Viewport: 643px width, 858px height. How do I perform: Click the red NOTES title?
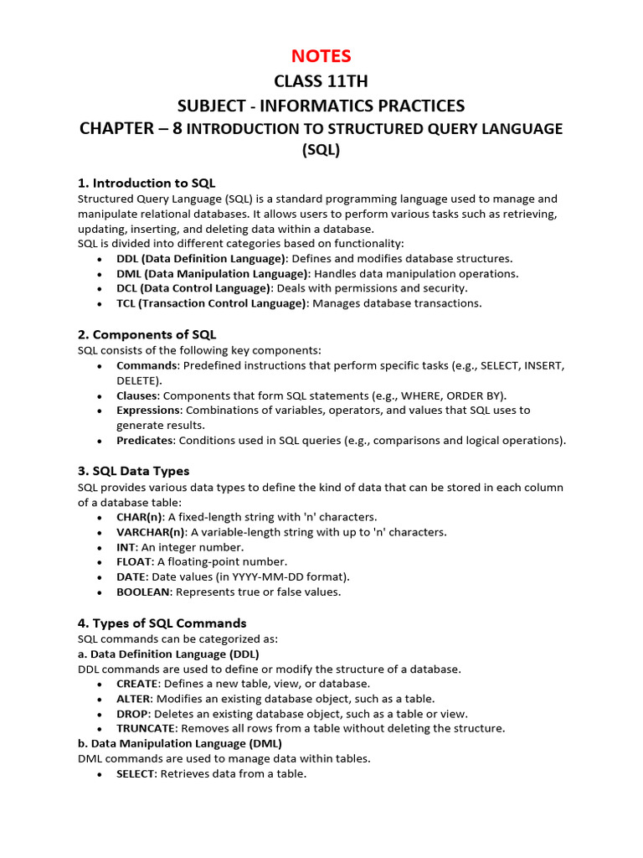click(321, 56)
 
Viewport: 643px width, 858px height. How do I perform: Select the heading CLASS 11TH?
click(321, 81)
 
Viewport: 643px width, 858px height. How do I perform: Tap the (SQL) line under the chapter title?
click(321, 151)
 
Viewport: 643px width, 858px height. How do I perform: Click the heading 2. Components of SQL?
click(147, 334)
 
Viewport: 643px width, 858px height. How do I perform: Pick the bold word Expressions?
click(148, 411)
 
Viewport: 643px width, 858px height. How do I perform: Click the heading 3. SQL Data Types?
click(133, 471)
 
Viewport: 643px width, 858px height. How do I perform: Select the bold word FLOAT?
click(134, 562)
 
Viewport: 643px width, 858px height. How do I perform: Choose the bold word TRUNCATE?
click(146, 729)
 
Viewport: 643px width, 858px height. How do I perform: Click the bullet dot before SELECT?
click(100, 775)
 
